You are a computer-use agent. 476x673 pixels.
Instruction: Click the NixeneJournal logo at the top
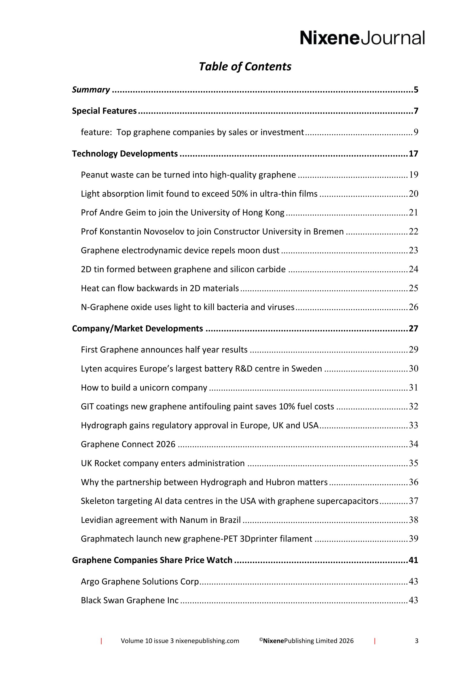pos(362,38)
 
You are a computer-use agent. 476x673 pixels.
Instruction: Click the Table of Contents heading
pos(245,66)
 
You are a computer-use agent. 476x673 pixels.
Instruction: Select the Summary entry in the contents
pos(91,90)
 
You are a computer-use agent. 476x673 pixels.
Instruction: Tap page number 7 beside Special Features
pos(416,111)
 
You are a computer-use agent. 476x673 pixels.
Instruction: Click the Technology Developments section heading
pos(125,154)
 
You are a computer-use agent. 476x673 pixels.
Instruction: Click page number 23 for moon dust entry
pos(413,250)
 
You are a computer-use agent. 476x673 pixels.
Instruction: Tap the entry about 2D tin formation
pos(183,269)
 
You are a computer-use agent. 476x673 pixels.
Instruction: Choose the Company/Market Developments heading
pos(137,329)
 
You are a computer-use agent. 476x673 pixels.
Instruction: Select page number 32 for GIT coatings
pos(413,406)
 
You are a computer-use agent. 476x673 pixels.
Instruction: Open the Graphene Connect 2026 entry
pos(128,444)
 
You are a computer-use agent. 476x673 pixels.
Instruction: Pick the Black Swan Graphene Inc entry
pos(130,600)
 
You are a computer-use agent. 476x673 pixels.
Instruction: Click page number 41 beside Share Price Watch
pos(413,560)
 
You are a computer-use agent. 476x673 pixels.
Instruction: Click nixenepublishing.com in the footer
pos(207,641)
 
